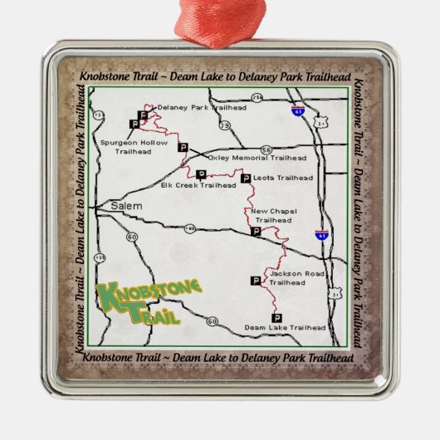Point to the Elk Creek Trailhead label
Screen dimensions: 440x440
tap(187, 185)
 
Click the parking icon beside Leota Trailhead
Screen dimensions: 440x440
tap(244, 178)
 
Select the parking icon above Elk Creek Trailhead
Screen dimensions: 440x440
tap(201, 174)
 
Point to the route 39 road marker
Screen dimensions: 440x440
tap(225, 125)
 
